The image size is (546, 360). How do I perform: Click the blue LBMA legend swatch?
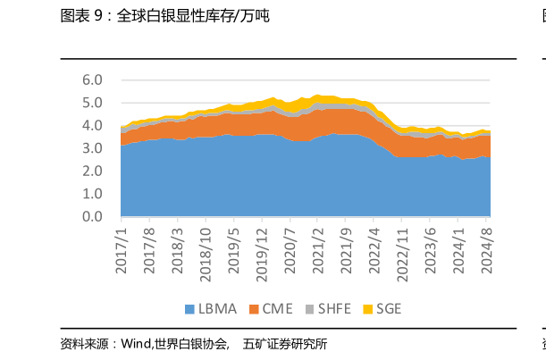[x=189, y=310]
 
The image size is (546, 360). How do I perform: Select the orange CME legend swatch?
[x=254, y=310]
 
